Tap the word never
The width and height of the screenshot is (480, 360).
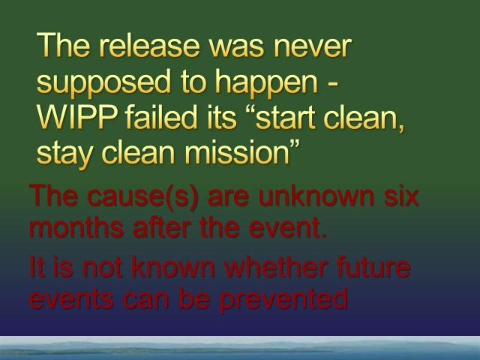pyautogui.click(x=313, y=46)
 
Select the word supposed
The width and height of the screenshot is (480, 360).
pyautogui.click(x=103, y=82)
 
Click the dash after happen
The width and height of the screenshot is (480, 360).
pyautogui.click(x=333, y=84)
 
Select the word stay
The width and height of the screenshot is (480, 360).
pyautogui.click(x=64, y=154)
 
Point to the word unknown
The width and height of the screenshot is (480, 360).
pyautogui.click(x=316, y=196)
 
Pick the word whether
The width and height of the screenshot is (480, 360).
pyautogui.click(x=274, y=266)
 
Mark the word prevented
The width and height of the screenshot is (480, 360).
pyautogui.click(x=283, y=299)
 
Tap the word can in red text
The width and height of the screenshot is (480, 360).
pyautogui.click(x=145, y=300)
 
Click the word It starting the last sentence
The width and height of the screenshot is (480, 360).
pyautogui.click(x=37, y=267)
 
